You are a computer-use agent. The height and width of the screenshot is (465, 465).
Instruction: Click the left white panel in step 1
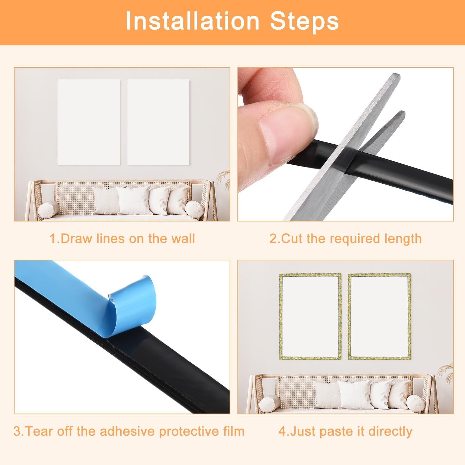(x=89, y=122)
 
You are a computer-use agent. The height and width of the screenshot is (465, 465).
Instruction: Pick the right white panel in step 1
(x=158, y=122)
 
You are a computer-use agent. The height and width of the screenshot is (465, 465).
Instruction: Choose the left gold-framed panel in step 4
(x=310, y=316)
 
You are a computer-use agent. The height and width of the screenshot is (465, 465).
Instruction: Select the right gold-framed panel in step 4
(x=379, y=316)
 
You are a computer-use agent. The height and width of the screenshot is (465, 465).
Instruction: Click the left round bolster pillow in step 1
(x=49, y=209)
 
